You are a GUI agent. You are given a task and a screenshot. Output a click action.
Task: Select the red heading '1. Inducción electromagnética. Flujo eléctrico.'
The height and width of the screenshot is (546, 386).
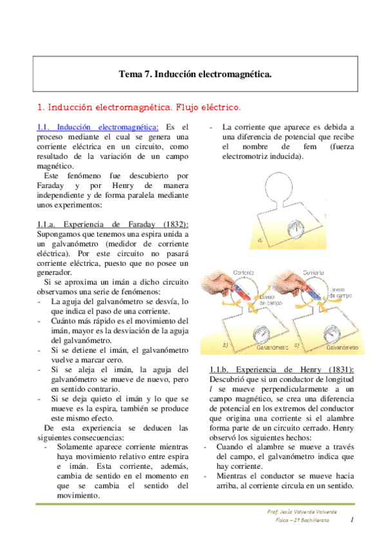pyautogui.click(x=139, y=106)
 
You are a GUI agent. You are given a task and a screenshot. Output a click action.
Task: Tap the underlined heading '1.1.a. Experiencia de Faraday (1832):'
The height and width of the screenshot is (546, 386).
pyautogui.click(x=113, y=223)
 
